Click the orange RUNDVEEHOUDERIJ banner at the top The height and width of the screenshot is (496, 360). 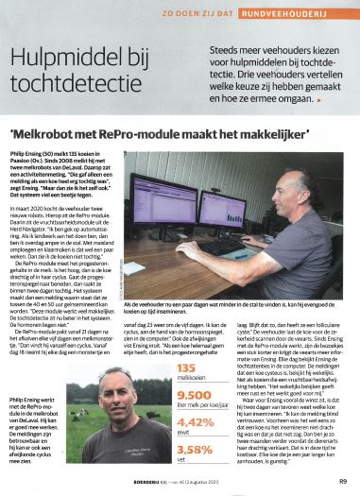tap(304, 13)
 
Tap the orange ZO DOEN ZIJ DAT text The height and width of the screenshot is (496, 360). tap(230, 13)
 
